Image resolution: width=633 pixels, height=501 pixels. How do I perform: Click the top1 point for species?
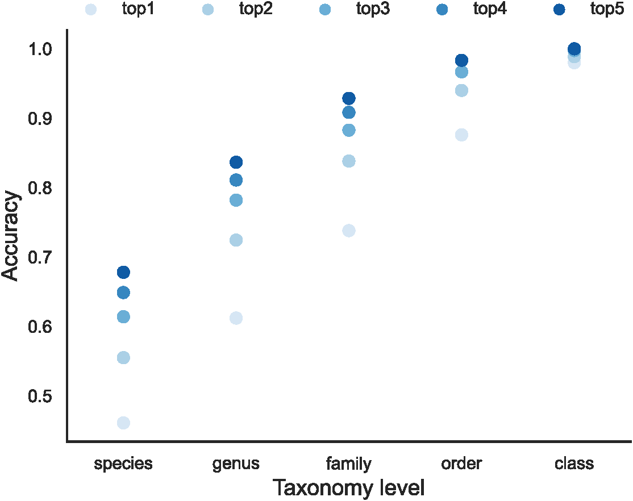123,423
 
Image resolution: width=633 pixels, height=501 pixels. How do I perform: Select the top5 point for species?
123,272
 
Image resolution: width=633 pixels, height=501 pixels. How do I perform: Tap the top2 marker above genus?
236,240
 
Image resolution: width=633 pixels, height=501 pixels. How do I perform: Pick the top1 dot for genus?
236,318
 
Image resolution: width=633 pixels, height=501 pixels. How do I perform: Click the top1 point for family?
349,230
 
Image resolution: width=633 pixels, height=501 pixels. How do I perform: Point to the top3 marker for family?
349,130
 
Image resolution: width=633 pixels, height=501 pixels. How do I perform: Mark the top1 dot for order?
461,135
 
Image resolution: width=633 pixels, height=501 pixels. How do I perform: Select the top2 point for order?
461,90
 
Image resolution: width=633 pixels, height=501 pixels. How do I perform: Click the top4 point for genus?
236,180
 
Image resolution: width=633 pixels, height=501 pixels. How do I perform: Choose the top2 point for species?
123,357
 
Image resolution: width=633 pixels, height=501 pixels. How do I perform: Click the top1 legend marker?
90,9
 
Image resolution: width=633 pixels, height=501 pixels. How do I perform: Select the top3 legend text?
373,9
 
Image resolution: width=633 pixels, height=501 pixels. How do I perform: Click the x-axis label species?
123,464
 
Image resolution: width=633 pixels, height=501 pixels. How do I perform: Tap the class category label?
574,464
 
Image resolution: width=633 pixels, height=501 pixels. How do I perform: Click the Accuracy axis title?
11,236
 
